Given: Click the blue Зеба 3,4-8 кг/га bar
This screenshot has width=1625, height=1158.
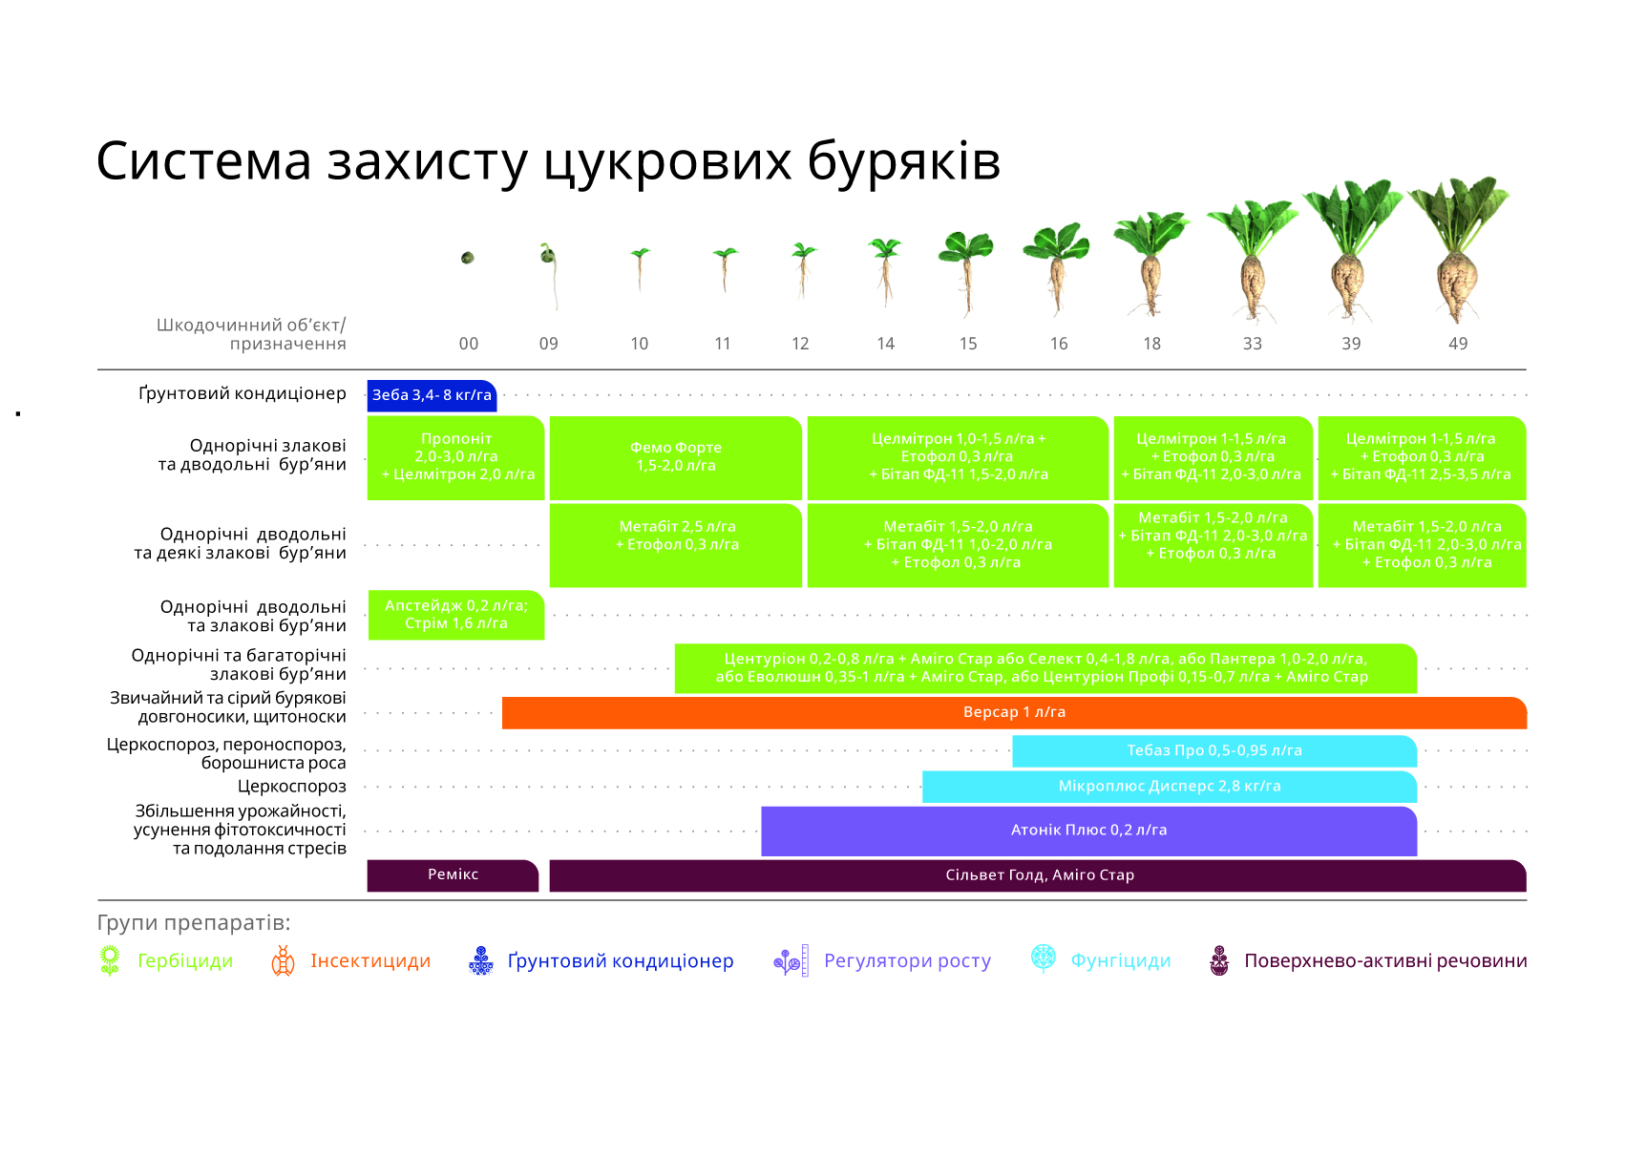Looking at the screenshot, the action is [x=432, y=395].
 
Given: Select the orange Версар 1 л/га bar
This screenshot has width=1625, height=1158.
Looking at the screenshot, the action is [x=1014, y=712].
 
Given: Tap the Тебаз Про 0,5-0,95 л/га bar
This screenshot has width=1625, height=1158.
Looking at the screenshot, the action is [x=1214, y=751].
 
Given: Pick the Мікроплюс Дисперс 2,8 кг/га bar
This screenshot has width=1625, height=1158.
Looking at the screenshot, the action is [x=1170, y=787].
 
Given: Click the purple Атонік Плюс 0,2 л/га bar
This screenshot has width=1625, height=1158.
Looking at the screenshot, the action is [x=1088, y=831].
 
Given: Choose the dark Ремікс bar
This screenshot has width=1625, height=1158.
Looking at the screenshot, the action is [x=453, y=875].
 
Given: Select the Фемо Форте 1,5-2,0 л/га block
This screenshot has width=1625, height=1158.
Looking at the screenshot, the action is [x=675, y=458].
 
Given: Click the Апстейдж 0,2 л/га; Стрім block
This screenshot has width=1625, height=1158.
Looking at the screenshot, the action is [x=456, y=615].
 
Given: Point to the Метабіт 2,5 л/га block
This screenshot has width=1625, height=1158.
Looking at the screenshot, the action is [x=675, y=545].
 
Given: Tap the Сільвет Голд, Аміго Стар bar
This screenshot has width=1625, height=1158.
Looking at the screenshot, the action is [x=1038, y=875].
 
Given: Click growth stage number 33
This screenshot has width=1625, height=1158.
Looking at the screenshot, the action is [x=1252, y=344].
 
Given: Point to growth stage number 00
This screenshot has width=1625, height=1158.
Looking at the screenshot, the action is [x=469, y=344].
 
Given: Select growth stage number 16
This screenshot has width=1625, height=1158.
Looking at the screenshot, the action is [x=1059, y=344].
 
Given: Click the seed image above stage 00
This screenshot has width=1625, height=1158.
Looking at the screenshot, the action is [x=468, y=258].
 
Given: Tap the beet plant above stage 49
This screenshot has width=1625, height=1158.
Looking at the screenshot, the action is [x=1458, y=249].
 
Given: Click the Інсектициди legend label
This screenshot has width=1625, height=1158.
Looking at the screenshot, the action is [x=370, y=960].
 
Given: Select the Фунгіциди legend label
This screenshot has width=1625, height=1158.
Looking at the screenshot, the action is [x=1121, y=960].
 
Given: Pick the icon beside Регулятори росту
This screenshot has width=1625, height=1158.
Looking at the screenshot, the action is [x=791, y=960].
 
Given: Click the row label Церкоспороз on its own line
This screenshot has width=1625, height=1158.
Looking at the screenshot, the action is [x=291, y=787].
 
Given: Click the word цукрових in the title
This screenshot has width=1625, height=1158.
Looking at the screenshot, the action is [x=666, y=161].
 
